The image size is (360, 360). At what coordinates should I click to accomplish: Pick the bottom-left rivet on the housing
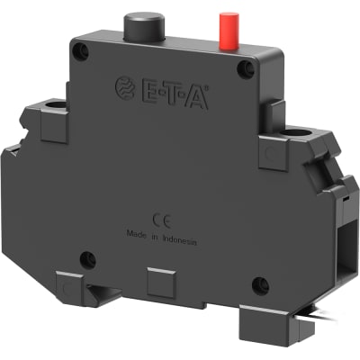tap(87, 261)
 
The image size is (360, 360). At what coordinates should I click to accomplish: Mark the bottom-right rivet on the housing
tap(259, 285)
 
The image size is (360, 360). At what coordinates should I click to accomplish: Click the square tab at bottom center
tap(158, 284)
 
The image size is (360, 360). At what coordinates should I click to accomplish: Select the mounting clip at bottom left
tap(71, 287)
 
